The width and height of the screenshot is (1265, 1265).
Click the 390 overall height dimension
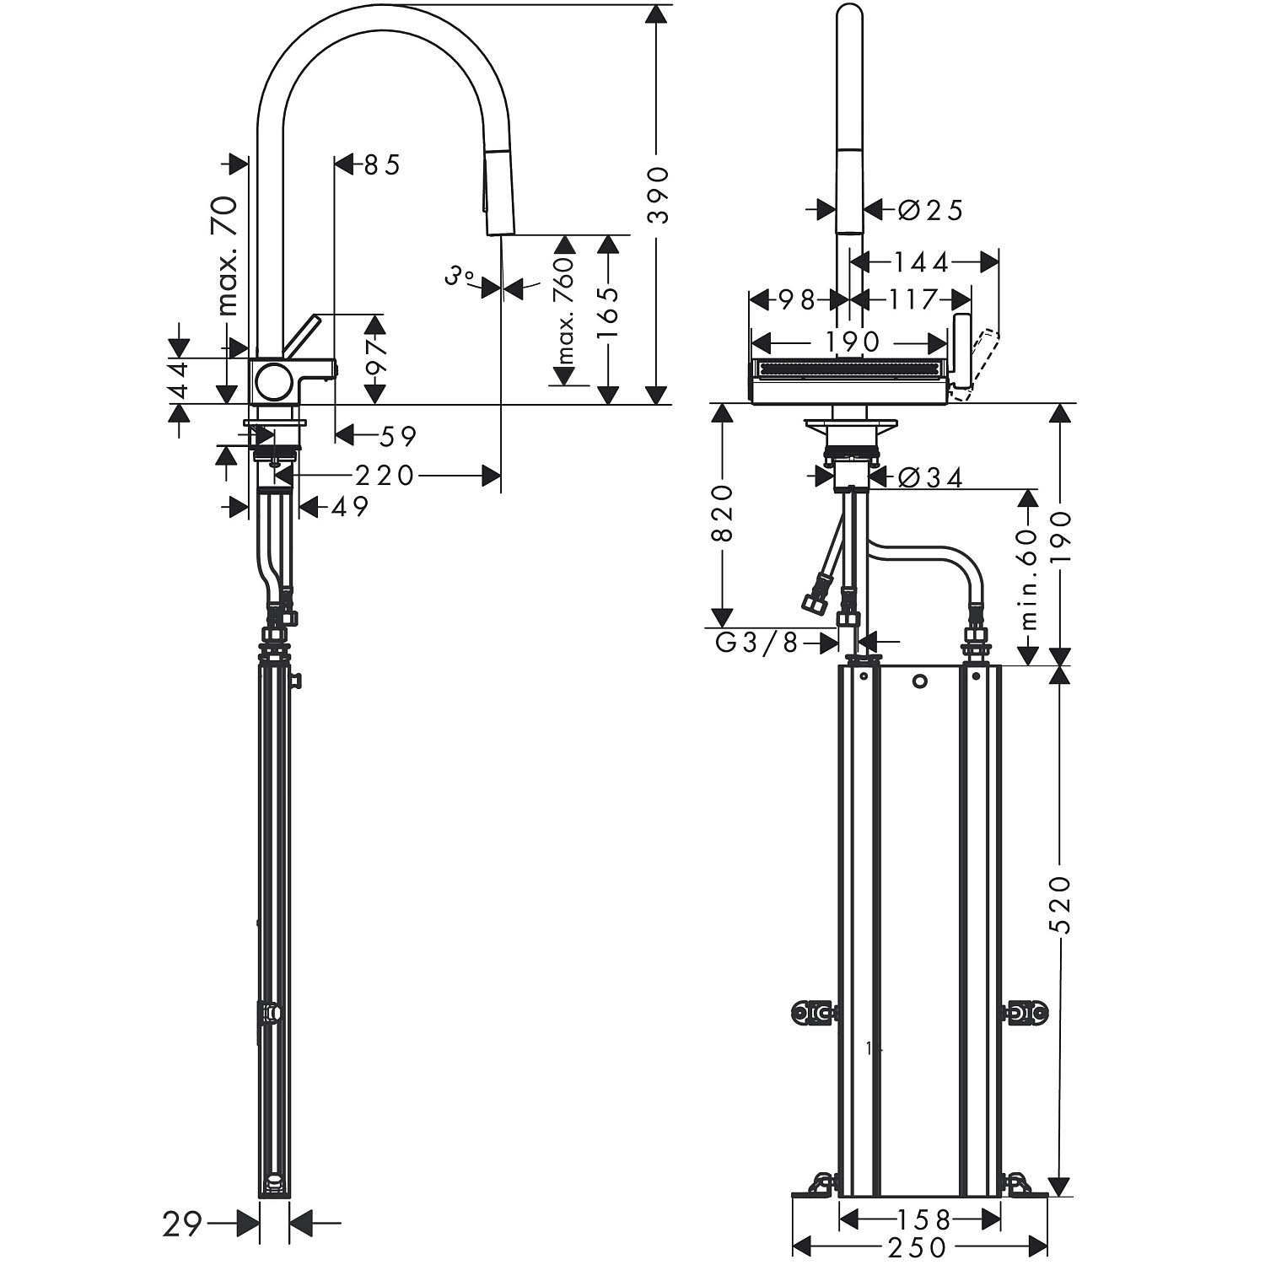tap(657, 195)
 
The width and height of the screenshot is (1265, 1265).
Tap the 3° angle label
tap(460, 275)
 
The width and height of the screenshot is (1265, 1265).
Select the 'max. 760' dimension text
tap(564, 310)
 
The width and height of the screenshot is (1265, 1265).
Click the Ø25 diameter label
tap(930, 209)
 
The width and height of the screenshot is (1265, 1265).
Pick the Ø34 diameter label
tap(930, 477)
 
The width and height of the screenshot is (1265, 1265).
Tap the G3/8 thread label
tap(756, 643)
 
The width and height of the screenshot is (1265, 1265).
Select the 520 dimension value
tap(1061, 905)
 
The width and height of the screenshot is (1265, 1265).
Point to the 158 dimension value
tap(921, 1219)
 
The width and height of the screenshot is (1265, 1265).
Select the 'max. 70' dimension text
tap(228, 255)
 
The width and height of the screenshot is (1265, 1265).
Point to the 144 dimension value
tap(922, 262)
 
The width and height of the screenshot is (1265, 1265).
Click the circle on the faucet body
tap(274, 382)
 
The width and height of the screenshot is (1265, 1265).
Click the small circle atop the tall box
tap(920, 681)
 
